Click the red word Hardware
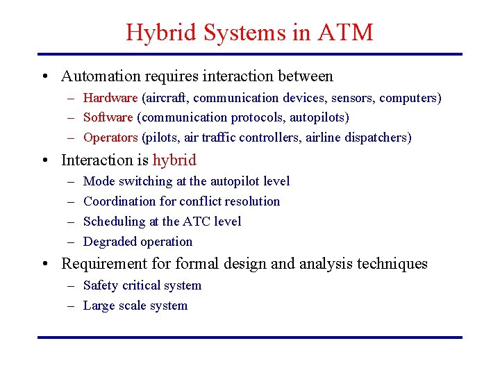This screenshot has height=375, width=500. click(x=110, y=98)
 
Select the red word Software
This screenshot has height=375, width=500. click(x=108, y=117)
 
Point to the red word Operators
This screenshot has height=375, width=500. click(x=110, y=137)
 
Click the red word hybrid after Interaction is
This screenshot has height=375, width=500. click(x=174, y=160)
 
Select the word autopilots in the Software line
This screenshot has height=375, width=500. click(x=319, y=117)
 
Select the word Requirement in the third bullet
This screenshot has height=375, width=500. click(x=101, y=264)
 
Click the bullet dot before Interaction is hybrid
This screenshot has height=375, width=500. click(x=44, y=160)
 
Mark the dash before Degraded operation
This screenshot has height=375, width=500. click(x=72, y=242)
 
